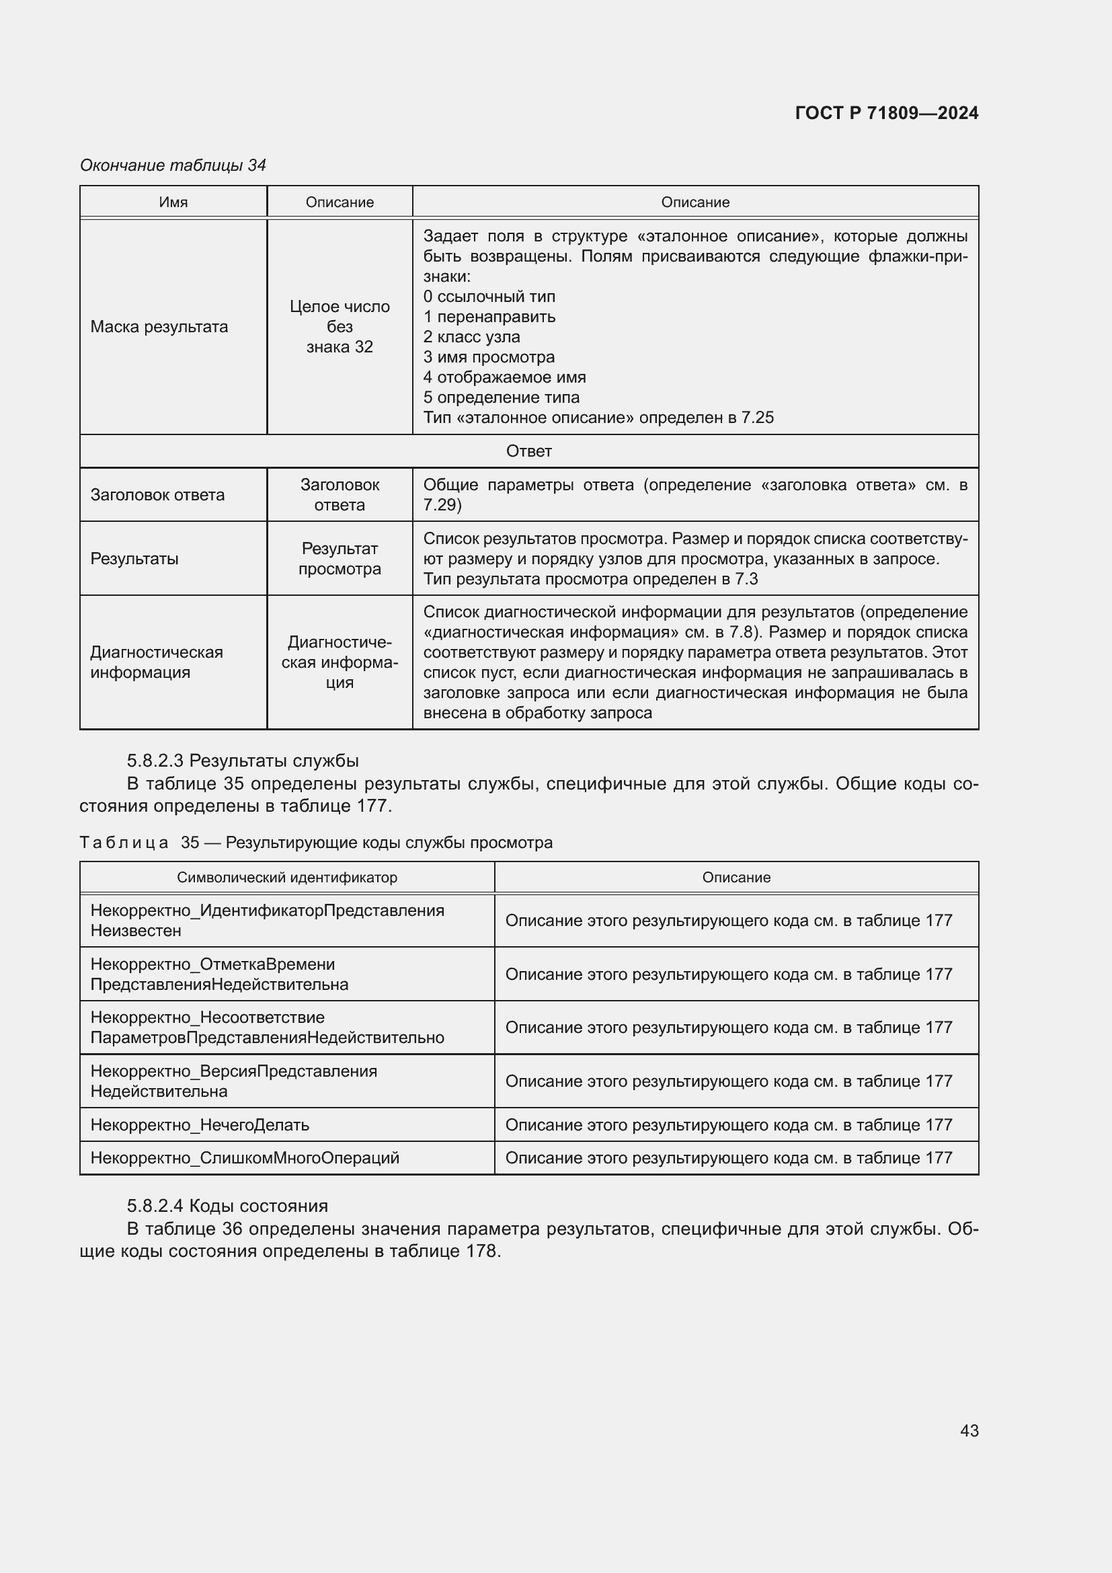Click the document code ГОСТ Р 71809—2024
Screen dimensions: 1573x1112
click(x=886, y=113)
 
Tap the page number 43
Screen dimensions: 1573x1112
click(x=969, y=1430)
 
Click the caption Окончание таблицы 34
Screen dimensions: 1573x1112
click(x=173, y=165)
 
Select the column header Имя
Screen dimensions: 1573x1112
click(x=173, y=202)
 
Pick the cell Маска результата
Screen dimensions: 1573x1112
click(x=159, y=327)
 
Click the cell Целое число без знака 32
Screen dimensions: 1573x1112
click(x=340, y=327)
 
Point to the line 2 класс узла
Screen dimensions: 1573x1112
click(x=471, y=337)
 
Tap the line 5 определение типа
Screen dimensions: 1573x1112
click(x=501, y=397)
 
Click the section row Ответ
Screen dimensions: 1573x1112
click(x=528, y=451)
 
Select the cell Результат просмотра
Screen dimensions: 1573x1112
click(x=340, y=558)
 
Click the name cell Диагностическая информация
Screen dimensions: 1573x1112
click(x=157, y=662)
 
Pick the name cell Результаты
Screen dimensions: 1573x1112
click(x=134, y=558)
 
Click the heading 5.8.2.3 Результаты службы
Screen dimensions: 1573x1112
click(x=243, y=761)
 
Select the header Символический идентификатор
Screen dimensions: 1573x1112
click(x=287, y=878)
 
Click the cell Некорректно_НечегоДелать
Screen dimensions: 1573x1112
click(x=200, y=1125)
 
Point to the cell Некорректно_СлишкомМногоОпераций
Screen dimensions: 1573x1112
click(x=245, y=1158)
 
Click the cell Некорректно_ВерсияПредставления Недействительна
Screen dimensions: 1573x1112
click(x=233, y=1081)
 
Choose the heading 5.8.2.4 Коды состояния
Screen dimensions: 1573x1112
click(x=227, y=1206)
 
